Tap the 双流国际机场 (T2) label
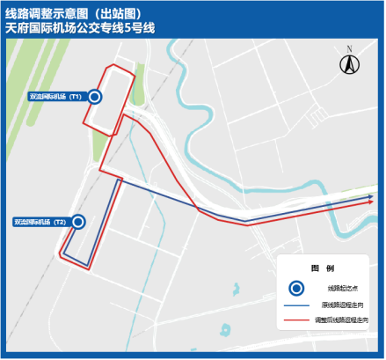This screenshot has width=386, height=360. pos(40,222)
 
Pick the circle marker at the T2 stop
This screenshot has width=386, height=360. pos(77,222)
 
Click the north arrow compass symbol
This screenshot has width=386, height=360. pos(348,64)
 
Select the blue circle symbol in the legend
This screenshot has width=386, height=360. pos(298,287)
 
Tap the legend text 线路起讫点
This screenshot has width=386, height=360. pos(343,288)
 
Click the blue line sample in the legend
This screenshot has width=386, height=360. pos(300,304)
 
